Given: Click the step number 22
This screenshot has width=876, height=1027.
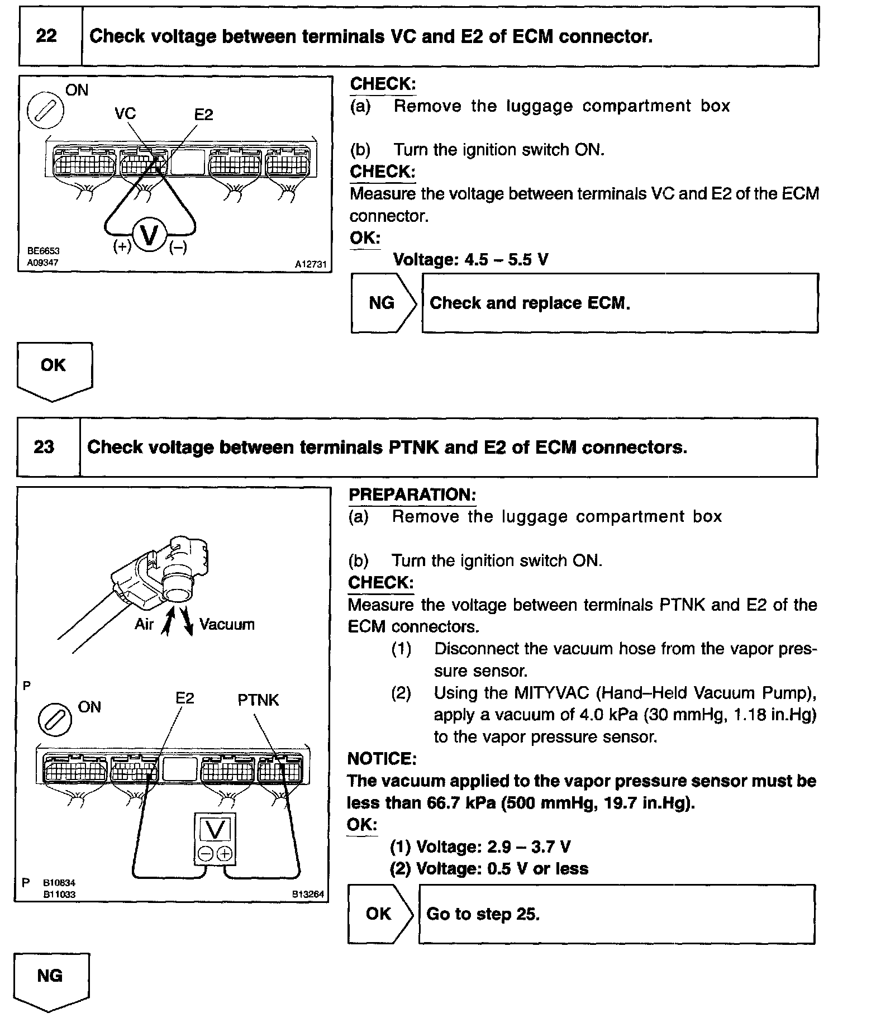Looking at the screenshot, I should [46, 36].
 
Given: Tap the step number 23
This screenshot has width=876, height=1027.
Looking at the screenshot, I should [44, 447].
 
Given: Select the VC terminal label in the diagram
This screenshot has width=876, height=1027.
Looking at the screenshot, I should [125, 113].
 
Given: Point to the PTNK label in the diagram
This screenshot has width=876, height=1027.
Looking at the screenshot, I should [258, 700].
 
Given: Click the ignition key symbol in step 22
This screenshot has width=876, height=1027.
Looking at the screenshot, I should [45, 110].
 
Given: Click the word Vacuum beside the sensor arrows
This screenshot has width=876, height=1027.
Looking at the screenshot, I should [227, 624].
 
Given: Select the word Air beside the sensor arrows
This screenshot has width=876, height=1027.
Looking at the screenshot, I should [144, 624].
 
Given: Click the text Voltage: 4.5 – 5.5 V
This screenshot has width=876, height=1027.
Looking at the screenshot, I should [470, 259].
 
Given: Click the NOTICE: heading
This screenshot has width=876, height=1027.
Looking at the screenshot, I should [382, 759].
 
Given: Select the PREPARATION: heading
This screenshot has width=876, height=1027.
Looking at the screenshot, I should [412, 495].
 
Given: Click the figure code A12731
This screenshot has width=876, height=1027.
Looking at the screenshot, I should [311, 264].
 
